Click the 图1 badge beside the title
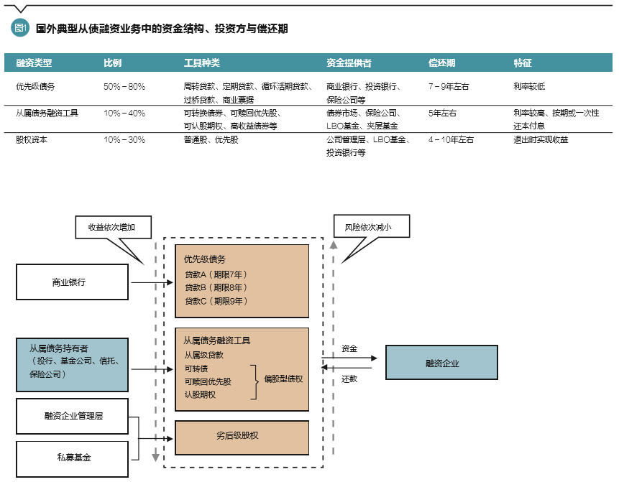click(20, 28)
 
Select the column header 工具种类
click(201, 63)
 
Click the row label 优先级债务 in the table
click(35, 86)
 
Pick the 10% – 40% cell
click(124, 113)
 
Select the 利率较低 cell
click(529, 86)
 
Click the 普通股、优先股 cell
click(211, 139)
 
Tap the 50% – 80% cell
click(124, 86)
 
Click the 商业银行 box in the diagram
click(72, 282)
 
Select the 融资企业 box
click(441, 363)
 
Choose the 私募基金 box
click(72, 458)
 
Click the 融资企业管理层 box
click(72, 416)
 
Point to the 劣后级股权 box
click(242, 435)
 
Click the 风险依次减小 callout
click(372, 227)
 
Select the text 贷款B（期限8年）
click(216, 287)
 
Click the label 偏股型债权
click(283, 379)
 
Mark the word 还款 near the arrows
click(349, 379)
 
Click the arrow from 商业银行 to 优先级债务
click(151, 282)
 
